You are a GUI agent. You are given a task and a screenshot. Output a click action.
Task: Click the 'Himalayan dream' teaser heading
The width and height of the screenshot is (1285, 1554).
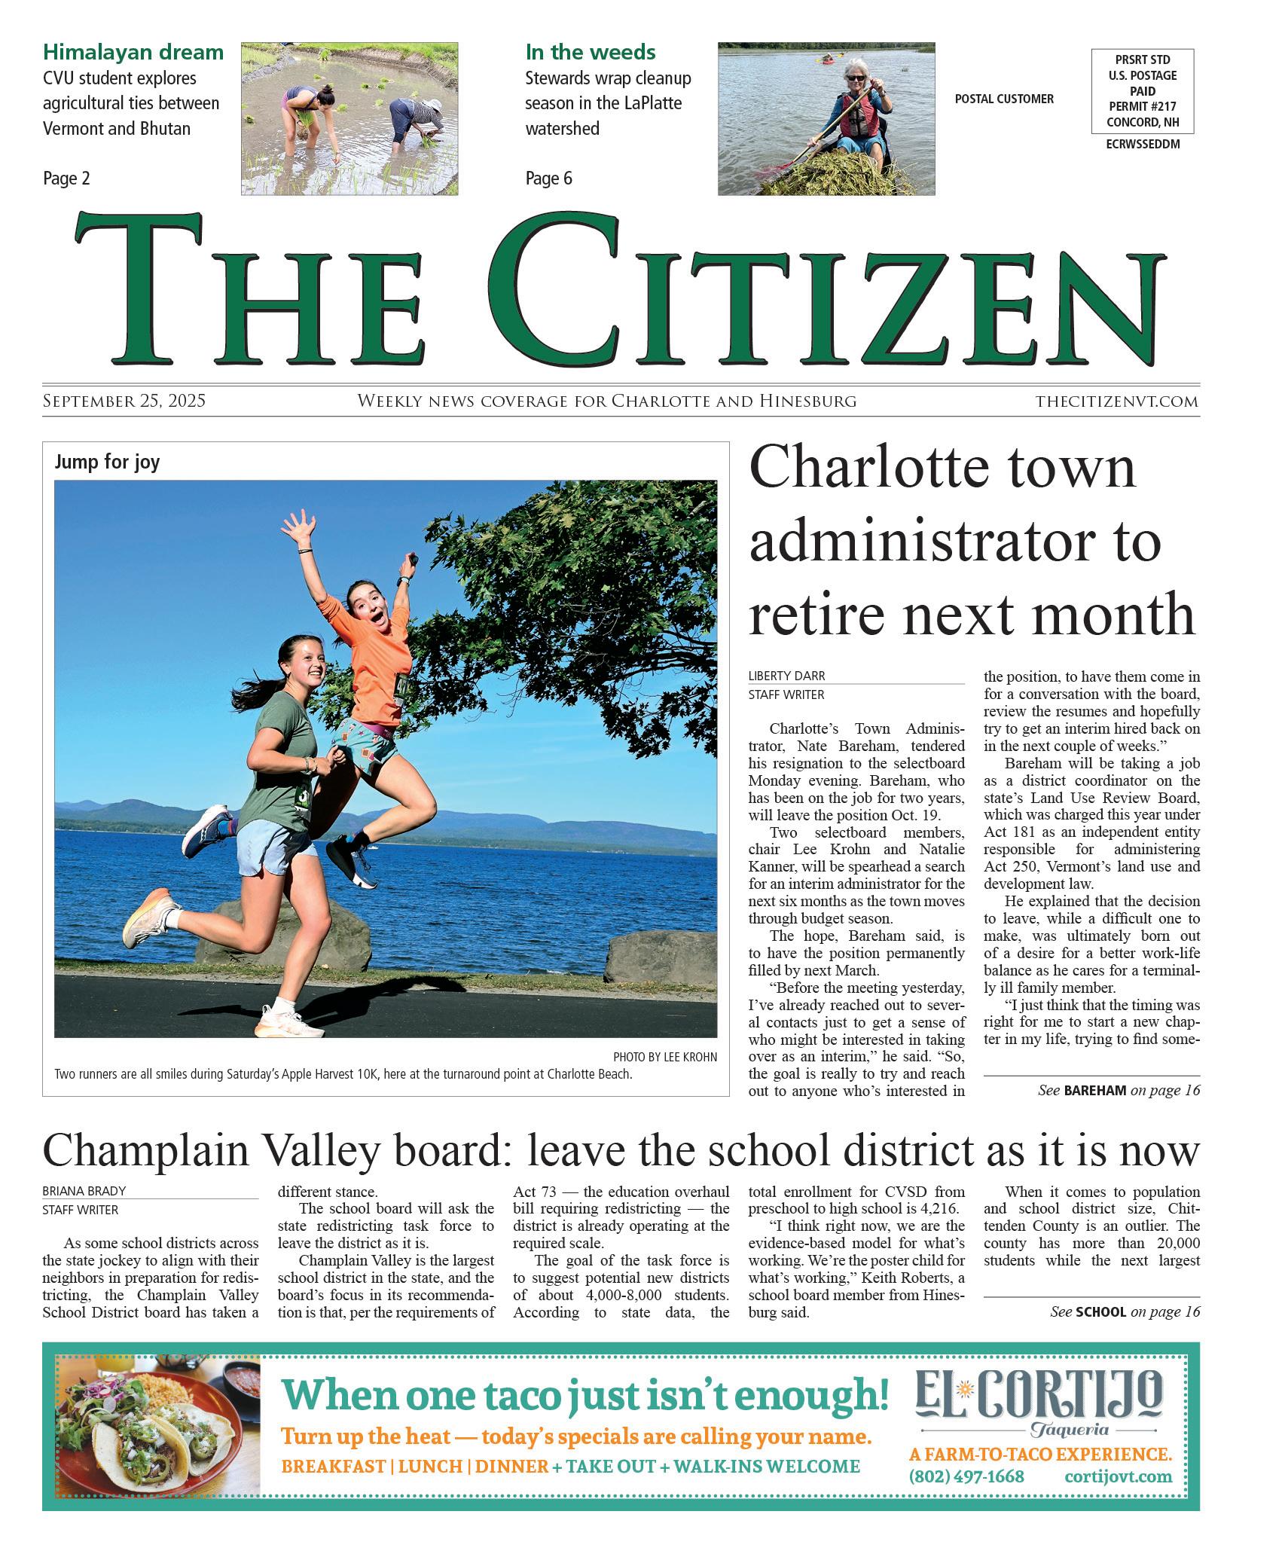(133, 52)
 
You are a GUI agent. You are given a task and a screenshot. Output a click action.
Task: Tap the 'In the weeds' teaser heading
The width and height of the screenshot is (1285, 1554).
(590, 52)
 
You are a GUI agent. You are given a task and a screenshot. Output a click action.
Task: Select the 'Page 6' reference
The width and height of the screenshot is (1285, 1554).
(548, 179)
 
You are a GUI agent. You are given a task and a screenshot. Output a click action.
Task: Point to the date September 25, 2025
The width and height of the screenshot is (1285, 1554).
(124, 401)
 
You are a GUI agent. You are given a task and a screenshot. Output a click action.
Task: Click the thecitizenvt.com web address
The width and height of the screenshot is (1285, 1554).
(1116, 401)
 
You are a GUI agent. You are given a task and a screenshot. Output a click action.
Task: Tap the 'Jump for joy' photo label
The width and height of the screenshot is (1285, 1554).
(107, 462)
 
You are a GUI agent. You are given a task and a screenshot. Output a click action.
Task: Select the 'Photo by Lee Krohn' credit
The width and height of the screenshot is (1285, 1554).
(664, 1057)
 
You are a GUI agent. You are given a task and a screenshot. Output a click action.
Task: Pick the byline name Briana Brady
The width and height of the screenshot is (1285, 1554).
(84, 1191)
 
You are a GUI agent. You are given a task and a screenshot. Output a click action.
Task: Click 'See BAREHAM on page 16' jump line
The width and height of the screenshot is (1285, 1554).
(1118, 1090)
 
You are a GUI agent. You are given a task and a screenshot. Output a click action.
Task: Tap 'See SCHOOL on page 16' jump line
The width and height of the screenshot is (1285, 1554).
(1125, 1311)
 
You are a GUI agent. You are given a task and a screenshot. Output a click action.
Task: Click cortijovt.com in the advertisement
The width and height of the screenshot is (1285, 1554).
(1118, 1476)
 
